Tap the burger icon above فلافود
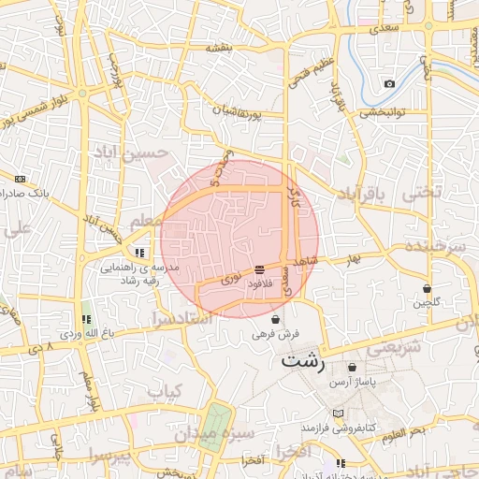259,269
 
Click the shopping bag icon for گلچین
428,288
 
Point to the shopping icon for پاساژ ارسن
352,368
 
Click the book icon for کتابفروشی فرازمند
338,414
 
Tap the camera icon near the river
389,84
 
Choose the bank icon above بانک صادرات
21,178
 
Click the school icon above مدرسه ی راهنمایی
139,253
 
